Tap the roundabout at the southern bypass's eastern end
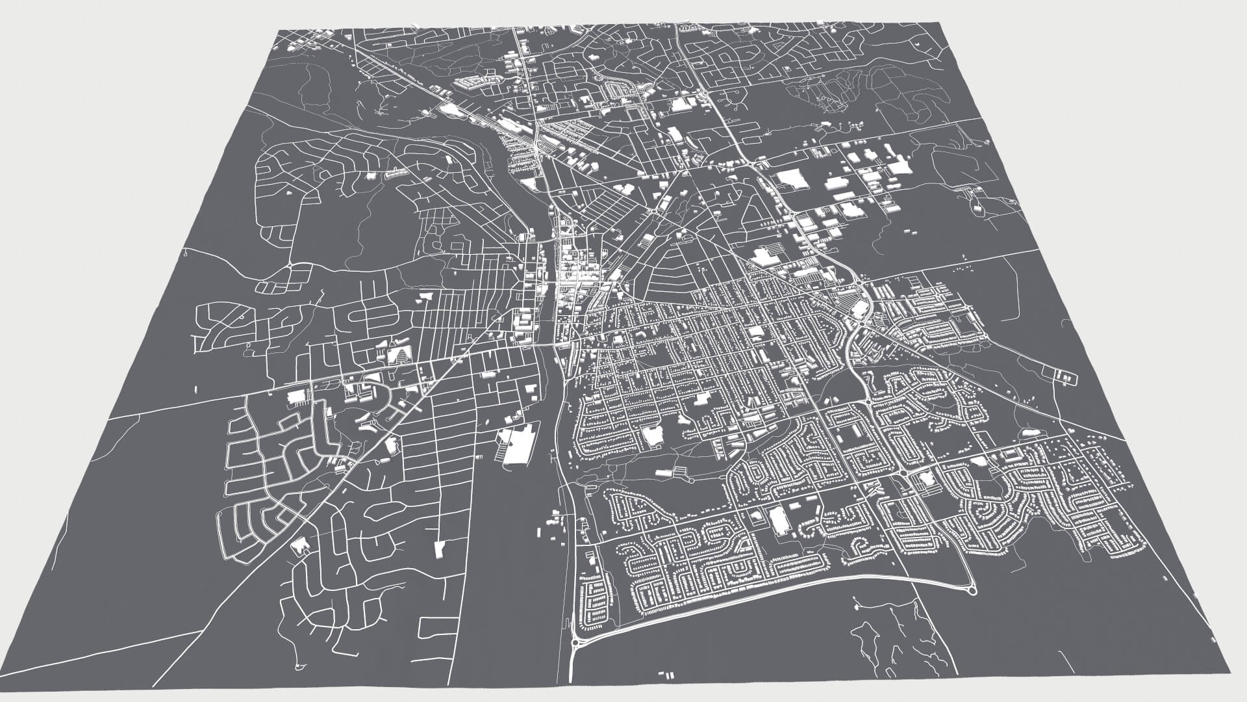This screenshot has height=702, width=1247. (x=972, y=590)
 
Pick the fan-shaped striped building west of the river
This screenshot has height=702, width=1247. (x=401, y=355)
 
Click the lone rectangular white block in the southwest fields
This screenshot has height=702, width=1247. (x=440, y=549)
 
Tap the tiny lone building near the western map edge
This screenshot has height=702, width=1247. (x=196, y=389)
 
